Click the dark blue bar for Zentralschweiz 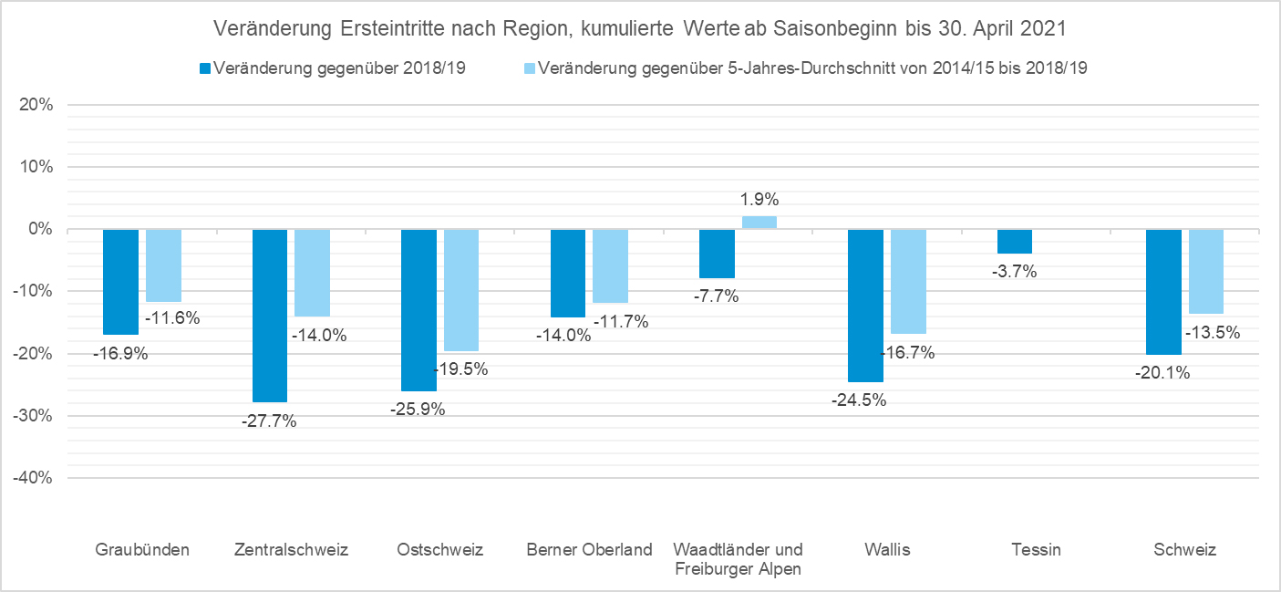click(270, 315)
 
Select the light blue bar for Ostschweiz click(461, 290)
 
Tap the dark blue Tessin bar click(1014, 241)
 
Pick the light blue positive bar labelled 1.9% click(759, 223)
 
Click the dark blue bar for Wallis click(865, 305)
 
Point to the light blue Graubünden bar click(163, 265)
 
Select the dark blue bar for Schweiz click(1163, 292)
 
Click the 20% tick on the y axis click(36, 105)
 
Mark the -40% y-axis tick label click(34, 478)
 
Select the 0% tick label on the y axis click(40, 229)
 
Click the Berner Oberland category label click(590, 549)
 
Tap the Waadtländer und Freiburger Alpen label click(738, 559)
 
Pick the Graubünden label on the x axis click(142, 549)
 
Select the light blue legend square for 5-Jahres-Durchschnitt click(530, 68)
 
